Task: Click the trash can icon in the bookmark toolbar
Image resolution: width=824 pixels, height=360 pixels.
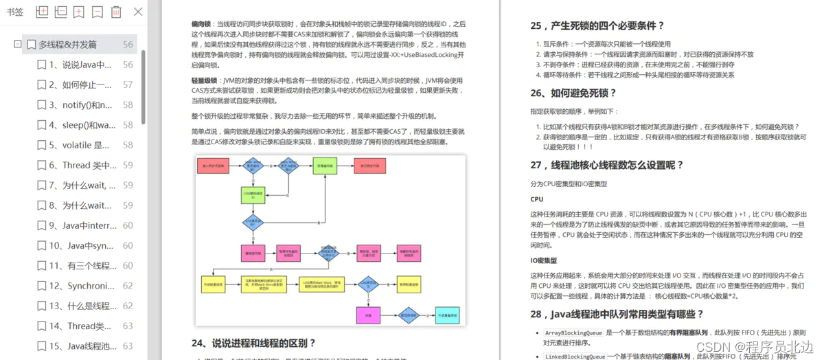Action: click(116, 12)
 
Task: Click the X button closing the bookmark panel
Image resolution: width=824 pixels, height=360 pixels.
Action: click(138, 12)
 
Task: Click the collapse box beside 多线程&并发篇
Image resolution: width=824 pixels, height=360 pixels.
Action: click(18, 45)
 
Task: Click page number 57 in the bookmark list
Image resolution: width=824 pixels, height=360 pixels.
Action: click(128, 85)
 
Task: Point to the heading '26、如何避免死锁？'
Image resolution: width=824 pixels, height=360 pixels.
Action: click(573, 93)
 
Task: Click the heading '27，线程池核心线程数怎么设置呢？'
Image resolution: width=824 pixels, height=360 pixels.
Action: click(608, 165)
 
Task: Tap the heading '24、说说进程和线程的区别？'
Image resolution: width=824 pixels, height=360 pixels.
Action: click(253, 343)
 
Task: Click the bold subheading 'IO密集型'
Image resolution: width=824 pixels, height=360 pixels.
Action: click(543, 261)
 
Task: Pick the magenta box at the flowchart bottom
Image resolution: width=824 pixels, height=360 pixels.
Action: click(368, 317)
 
